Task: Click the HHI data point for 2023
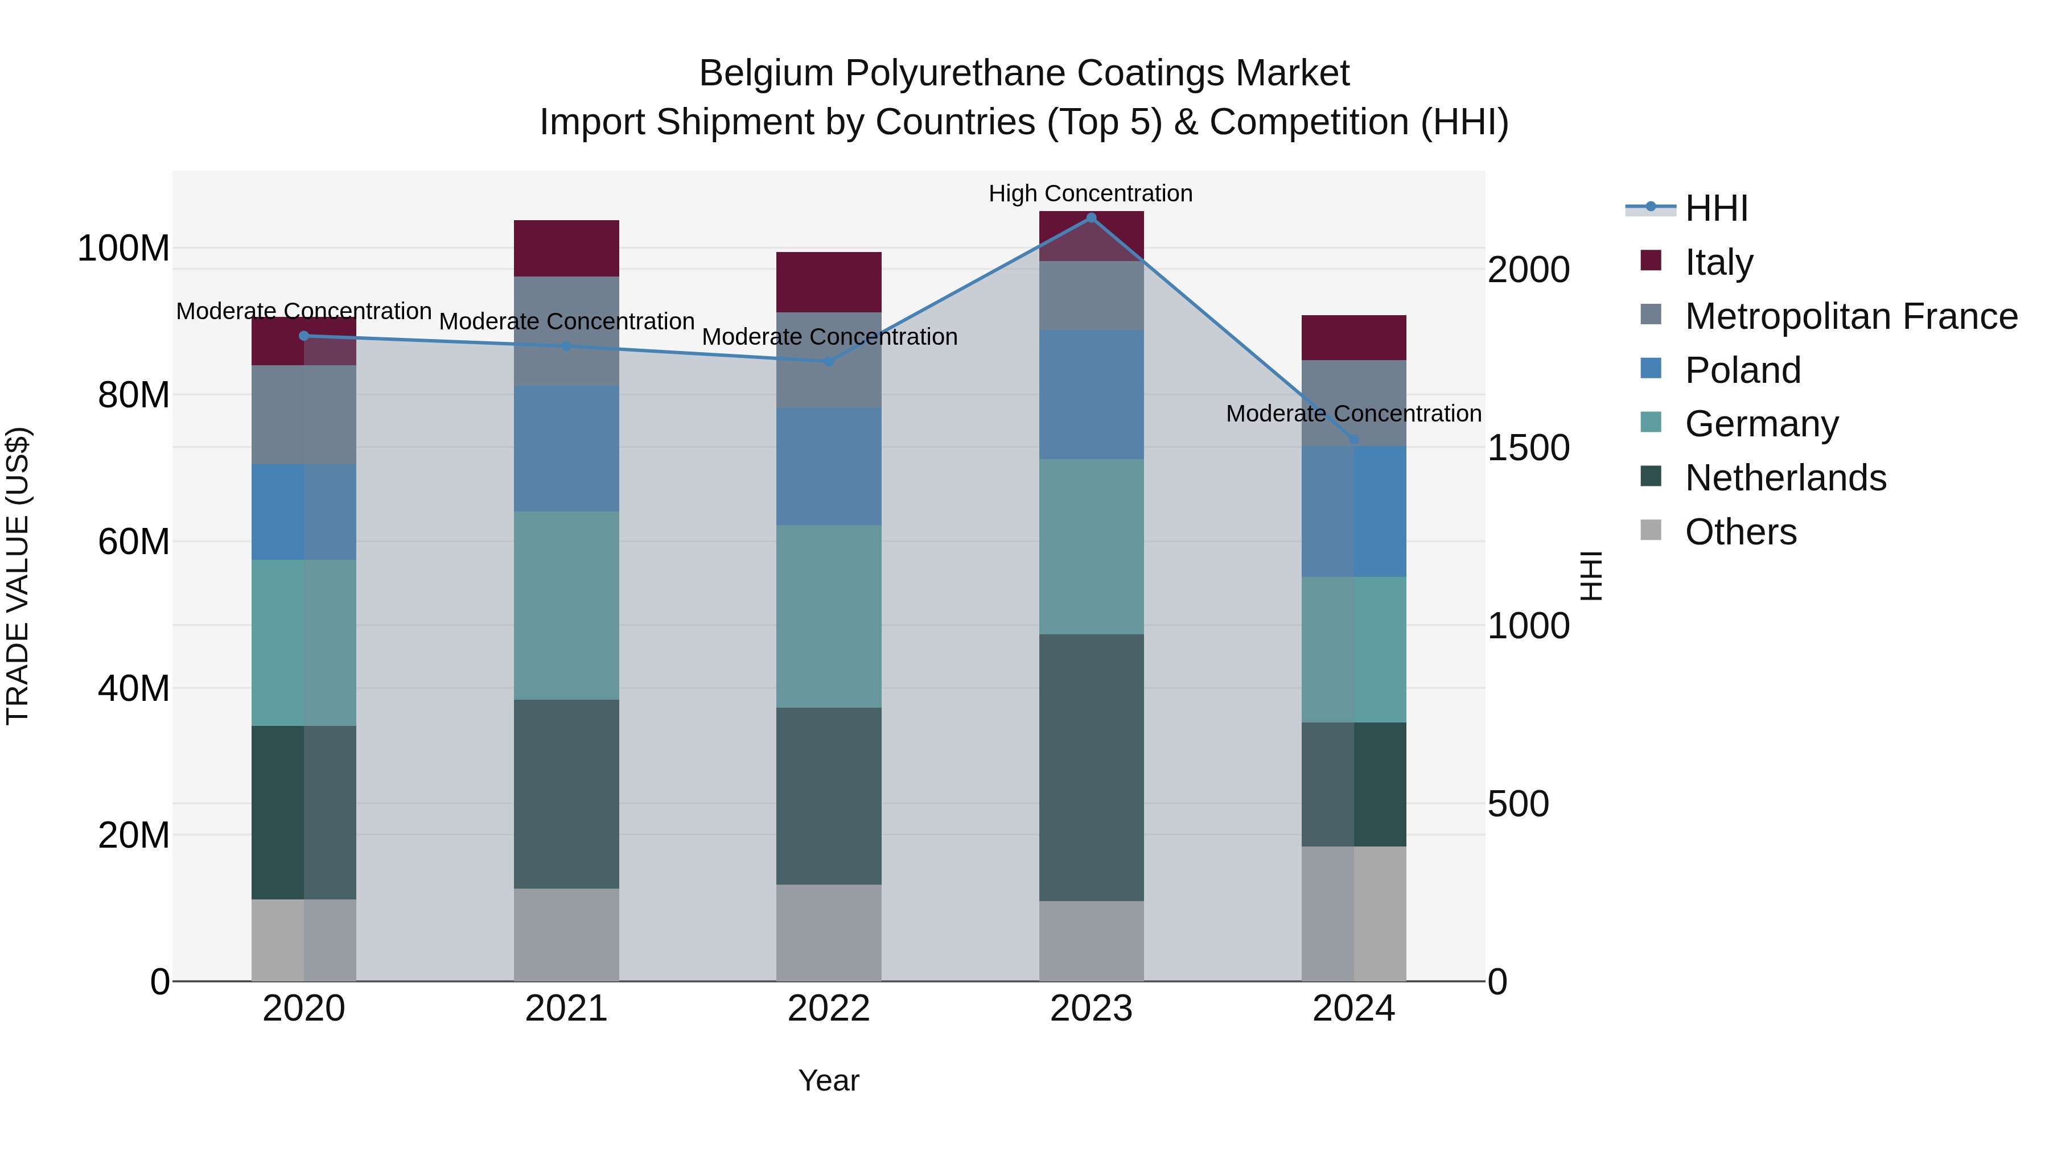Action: [x=1091, y=217]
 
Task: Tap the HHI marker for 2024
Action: [x=1354, y=439]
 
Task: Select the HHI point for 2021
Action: [x=566, y=346]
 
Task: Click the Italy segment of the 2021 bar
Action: [x=566, y=248]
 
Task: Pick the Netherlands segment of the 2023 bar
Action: [x=1091, y=767]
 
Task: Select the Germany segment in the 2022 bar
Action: [x=829, y=616]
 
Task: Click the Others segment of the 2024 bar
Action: [x=1354, y=914]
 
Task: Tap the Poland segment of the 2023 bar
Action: [x=1091, y=394]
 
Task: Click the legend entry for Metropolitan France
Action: [x=1851, y=316]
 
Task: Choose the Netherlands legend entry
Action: [x=1785, y=478]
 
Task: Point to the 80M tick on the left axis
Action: [x=134, y=395]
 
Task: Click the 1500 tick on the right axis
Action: [x=1528, y=448]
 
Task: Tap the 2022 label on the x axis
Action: [x=829, y=1009]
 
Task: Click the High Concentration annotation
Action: [x=1091, y=193]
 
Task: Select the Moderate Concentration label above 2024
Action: [x=1354, y=414]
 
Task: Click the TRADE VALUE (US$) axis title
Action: [x=18, y=576]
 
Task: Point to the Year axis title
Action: [x=829, y=1080]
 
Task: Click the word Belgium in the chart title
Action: [x=766, y=73]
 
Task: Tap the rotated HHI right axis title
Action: [x=1591, y=576]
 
